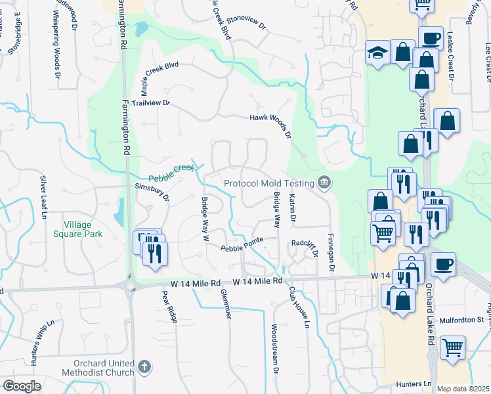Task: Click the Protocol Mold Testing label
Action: [x=268, y=183]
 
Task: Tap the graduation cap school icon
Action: [x=377, y=53]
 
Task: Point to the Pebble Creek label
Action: [x=171, y=173]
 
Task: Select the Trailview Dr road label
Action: [x=150, y=104]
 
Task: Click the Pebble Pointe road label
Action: [x=241, y=245]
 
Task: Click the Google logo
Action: [x=22, y=386]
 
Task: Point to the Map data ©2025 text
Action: [x=463, y=389]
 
